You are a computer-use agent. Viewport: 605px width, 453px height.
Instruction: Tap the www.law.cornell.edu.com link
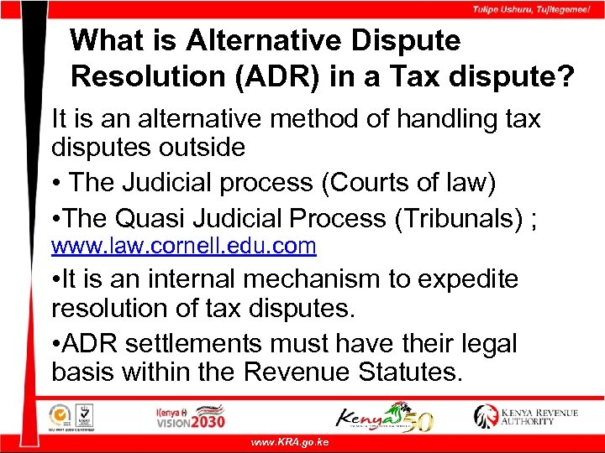pyautogui.click(x=183, y=246)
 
